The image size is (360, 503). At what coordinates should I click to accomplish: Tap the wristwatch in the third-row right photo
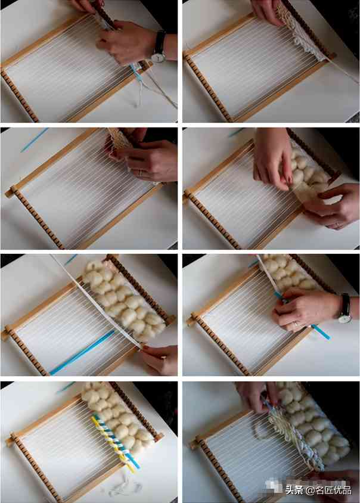345,309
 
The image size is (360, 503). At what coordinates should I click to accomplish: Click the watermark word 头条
294,490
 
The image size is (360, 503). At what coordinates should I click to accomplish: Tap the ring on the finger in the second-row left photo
141,173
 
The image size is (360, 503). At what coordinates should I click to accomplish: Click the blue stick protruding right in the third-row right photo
321,332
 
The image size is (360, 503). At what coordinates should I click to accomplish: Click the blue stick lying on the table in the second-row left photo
35,140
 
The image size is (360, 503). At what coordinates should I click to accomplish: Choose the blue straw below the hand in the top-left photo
137,75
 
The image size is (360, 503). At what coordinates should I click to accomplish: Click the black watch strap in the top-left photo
160,42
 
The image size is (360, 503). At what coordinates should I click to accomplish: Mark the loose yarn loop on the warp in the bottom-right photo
262,430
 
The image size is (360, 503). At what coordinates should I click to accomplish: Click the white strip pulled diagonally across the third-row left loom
96,302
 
